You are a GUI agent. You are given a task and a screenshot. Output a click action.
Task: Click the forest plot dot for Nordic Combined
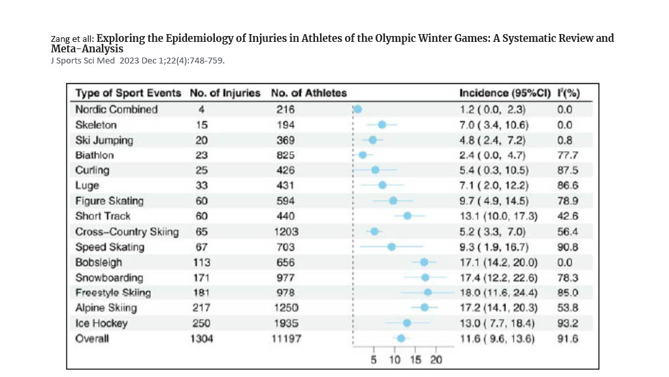coord(357,109)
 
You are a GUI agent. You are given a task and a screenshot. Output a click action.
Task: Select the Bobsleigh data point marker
coord(424,262)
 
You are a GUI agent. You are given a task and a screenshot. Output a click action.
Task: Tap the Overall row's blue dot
coord(400,338)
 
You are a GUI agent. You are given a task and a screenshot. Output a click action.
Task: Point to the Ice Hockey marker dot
coord(407,323)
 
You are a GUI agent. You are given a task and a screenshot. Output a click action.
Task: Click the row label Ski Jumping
coord(104,140)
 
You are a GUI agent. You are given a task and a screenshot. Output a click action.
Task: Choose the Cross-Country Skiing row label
coord(127,232)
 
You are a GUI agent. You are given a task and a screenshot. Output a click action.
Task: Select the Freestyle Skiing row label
coord(112,293)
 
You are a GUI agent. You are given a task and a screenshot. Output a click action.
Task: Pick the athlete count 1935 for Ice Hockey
coord(286,323)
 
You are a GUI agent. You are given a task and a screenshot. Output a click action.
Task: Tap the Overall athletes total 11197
coord(286,338)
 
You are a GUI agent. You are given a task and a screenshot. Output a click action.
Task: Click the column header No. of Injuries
coord(225,93)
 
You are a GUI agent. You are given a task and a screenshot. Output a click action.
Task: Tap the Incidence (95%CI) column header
coord(503,93)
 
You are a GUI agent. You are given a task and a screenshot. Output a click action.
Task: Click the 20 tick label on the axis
coord(436,360)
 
